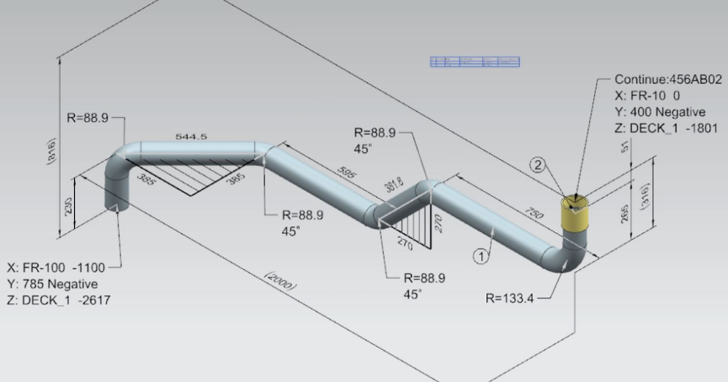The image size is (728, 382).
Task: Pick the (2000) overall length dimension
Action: (x=279, y=281)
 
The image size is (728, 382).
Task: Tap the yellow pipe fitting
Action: (x=575, y=213)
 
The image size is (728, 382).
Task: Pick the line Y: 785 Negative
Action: (x=53, y=283)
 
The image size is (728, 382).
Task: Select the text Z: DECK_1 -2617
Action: (x=58, y=300)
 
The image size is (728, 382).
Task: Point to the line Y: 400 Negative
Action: (x=660, y=112)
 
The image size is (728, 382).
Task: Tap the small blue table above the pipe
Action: (x=475, y=61)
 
